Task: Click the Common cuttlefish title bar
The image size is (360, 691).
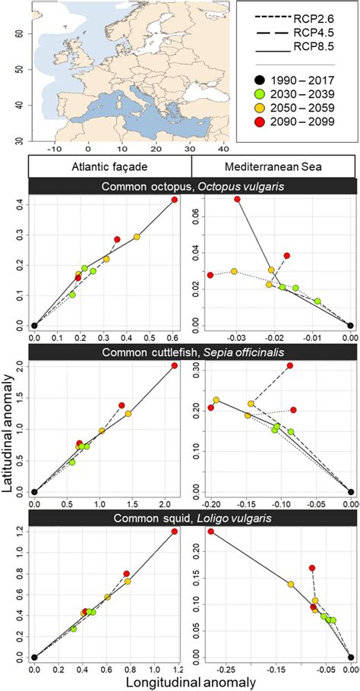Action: point(191,352)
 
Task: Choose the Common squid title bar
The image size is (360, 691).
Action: point(191,518)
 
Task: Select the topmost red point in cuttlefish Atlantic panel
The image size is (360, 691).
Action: point(175,365)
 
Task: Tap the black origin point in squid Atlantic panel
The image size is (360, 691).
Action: point(34,658)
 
